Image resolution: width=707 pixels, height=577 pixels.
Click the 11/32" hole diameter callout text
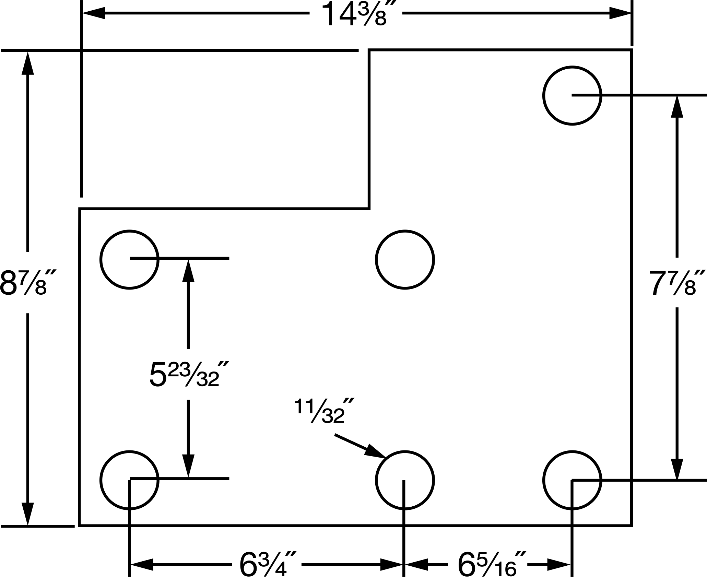pyautogui.click(x=324, y=411)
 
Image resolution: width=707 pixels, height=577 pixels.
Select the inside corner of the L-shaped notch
pyautogui.click(x=369, y=208)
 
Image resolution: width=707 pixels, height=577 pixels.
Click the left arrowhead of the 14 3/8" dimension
pyautogui.click(x=93, y=14)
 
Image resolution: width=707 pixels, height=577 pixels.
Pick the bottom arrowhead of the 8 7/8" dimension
pyautogui.click(x=27, y=514)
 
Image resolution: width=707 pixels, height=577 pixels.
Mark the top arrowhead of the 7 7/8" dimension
pyautogui.click(x=677, y=106)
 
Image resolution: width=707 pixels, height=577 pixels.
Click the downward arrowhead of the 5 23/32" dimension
pyautogui.click(x=188, y=466)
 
